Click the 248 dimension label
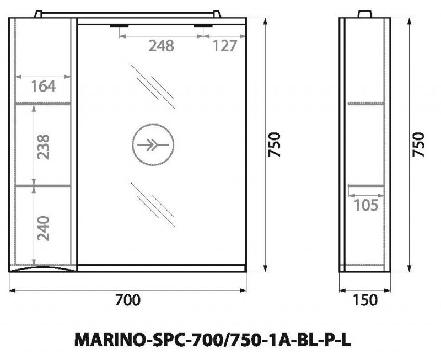161,46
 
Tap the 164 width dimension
43,87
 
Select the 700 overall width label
128,300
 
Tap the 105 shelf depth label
365,206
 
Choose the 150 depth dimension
365,300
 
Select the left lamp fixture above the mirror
119,25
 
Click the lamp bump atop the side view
365,13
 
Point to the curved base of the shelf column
43,270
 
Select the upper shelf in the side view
365,103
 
